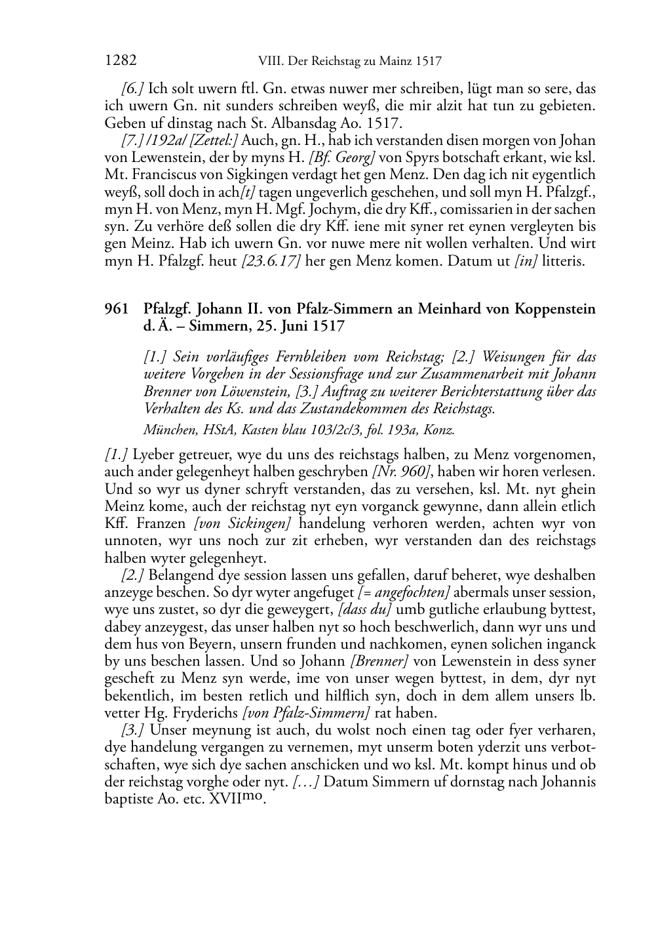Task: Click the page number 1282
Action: [x=121, y=61]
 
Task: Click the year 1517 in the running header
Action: [x=428, y=62]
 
